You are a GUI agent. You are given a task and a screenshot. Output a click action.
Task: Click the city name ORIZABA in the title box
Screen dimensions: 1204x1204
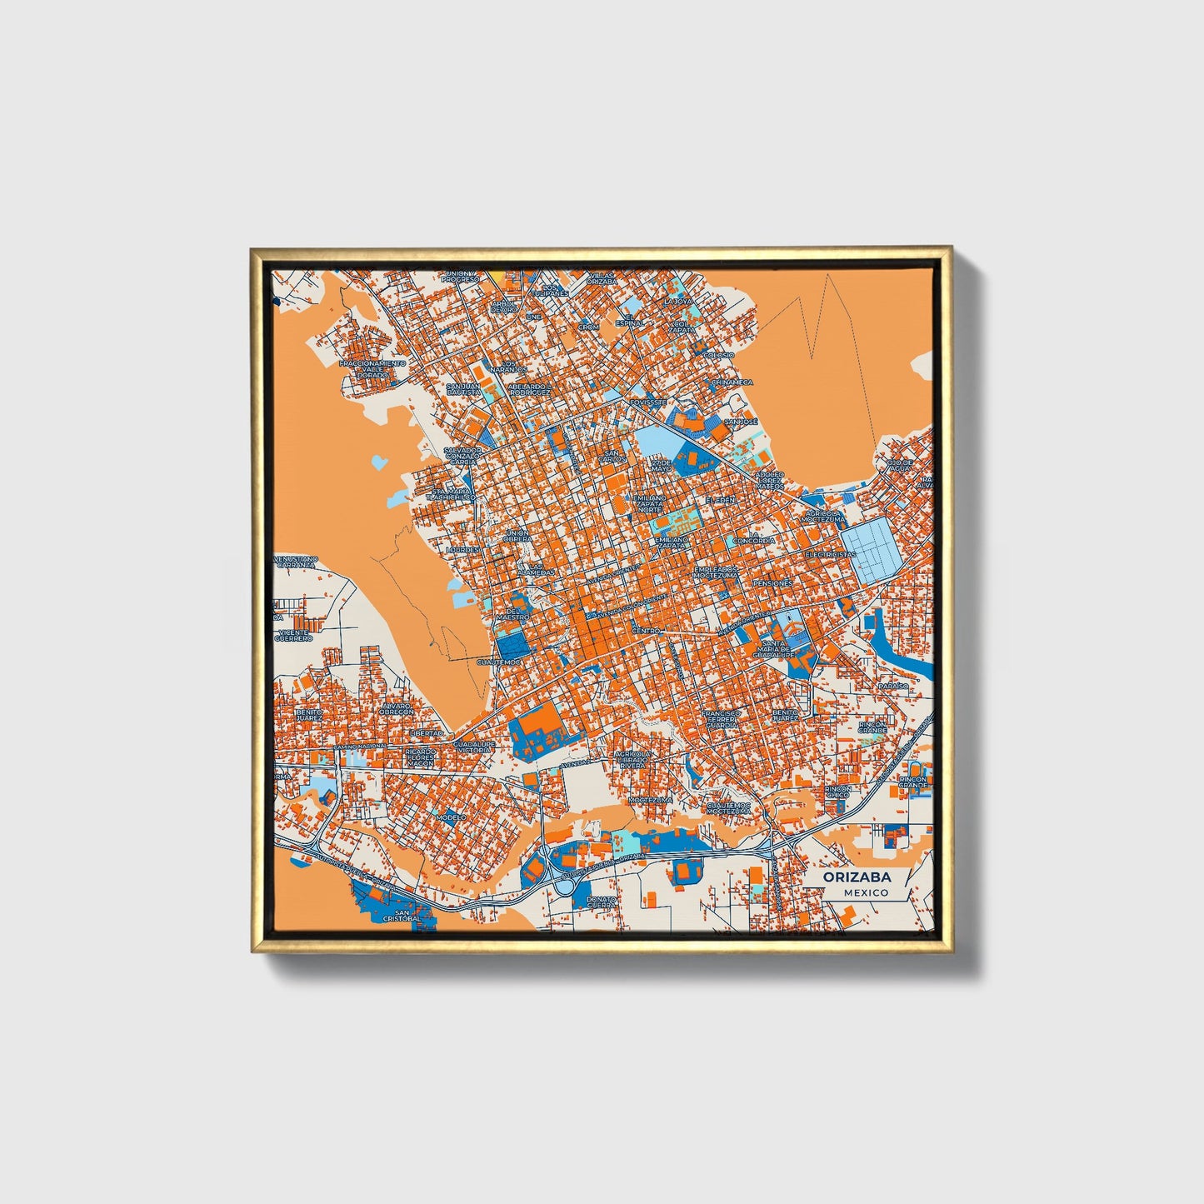[x=857, y=877]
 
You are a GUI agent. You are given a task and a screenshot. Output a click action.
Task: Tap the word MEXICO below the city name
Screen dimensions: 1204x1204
[x=865, y=892]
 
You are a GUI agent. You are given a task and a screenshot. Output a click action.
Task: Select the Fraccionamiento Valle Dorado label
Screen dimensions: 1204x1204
[x=372, y=369]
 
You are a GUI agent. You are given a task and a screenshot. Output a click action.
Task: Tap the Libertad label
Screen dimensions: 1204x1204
[x=427, y=732]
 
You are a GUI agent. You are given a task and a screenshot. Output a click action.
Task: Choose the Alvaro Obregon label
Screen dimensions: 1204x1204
[x=397, y=709]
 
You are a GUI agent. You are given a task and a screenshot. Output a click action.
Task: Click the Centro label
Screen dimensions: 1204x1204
[x=646, y=631]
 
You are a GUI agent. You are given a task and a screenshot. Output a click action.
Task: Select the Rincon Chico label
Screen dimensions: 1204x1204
[x=837, y=792]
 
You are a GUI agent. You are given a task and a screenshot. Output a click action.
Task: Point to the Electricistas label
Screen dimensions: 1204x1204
[x=830, y=554]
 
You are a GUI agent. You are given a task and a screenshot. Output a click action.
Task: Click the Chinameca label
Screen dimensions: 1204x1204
[x=732, y=382]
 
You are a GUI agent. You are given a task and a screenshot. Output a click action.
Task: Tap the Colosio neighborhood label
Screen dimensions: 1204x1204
[x=718, y=355]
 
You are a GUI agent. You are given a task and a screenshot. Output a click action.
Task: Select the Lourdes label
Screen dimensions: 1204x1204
[x=463, y=551]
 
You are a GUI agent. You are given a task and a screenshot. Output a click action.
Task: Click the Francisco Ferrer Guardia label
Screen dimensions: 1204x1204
[x=720, y=719]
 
